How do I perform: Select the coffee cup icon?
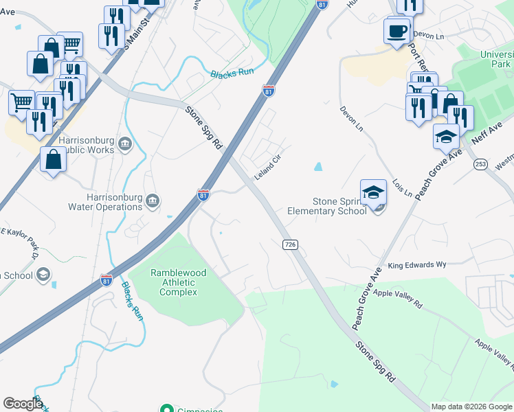(397, 32)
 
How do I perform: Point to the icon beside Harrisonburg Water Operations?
(153, 201)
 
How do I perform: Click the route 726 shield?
(290, 244)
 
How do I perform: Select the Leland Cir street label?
(268, 168)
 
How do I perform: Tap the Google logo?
(23, 404)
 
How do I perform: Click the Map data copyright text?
(471, 406)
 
